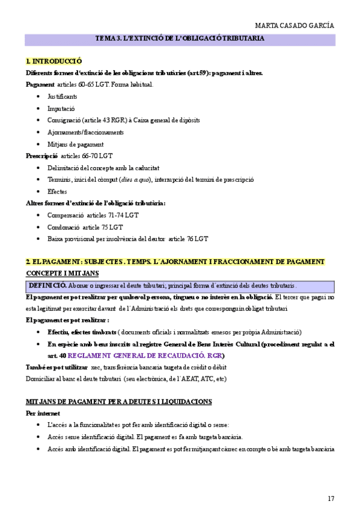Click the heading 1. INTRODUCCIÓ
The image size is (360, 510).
coord(54,61)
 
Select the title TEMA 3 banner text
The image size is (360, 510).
coord(180,38)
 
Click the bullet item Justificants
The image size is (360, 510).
coord(62,96)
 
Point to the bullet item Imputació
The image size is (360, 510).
coord(61,108)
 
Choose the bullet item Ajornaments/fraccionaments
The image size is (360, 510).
coord(85,132)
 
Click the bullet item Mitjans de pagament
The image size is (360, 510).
coord(75,144)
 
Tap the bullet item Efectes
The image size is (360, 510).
coord(57,191)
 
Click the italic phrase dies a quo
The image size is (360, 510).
coord(136,180)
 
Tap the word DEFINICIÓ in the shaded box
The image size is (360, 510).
coord(47,285)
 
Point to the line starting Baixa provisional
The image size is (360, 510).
coord(127,239)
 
